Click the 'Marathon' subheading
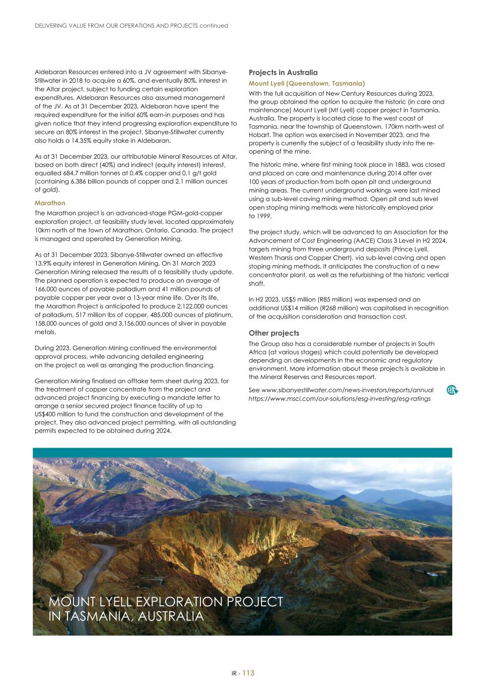pyautogui.click(x=50, y=203)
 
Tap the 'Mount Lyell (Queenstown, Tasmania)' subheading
pyautogui.click(x=307, y=83)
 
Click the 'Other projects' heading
pyautogui.click(x=274, y=333)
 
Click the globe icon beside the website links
pyautogui.click(x=452, y=390)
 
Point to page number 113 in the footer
pyautogui.click(x=248, y=673)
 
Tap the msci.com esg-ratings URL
pyautogui.click(x=339, y=398)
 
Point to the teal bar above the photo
pyautogui.click(x=242, y=453)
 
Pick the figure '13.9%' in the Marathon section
pyautogui.click(x=44, y=263)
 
